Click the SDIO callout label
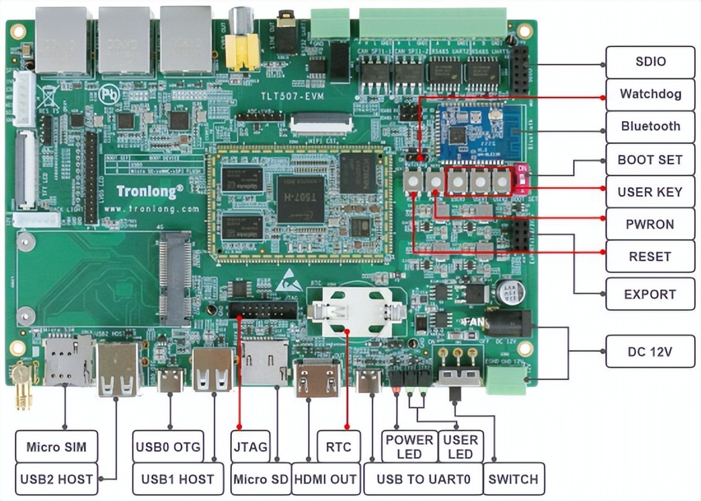[650, 62]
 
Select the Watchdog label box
[650, 94]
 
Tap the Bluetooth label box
[650, 126]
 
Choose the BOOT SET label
[650, 159]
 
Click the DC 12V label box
[650, 351]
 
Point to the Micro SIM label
[57, 446]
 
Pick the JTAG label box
[250, 446]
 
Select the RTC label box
[338, 446]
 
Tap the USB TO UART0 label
[423, 479]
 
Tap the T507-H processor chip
[300, 198]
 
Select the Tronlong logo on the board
[150, 190]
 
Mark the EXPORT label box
[650, 294]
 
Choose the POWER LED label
[409, 446]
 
